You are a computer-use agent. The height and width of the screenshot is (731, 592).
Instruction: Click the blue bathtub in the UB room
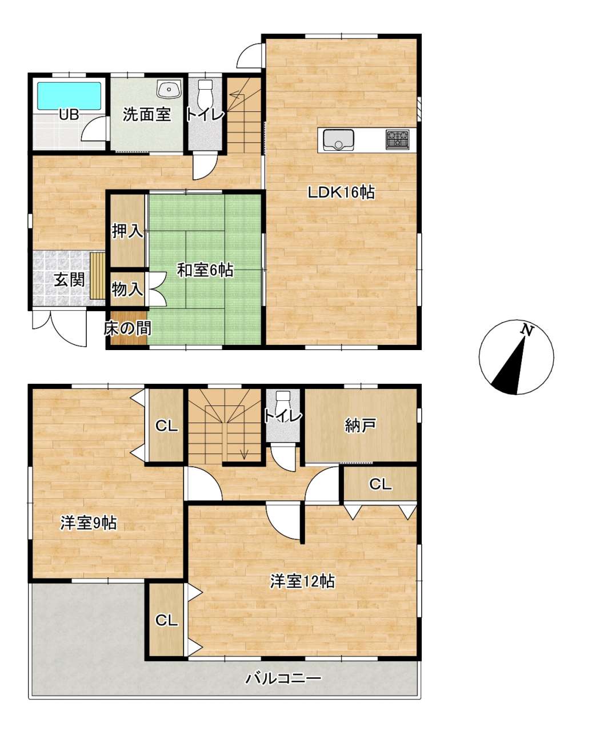tap(69, 96)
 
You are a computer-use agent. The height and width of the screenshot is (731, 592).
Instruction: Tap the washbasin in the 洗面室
tap(169, 89)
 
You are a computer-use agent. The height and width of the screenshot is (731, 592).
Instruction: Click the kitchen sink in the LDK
tap(338, 140)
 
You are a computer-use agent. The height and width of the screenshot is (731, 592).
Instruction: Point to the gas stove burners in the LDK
tap(397, 140)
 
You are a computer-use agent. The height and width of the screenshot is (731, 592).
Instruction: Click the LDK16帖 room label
tap(341, 192)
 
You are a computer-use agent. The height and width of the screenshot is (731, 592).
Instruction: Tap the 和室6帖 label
tap(205, 270)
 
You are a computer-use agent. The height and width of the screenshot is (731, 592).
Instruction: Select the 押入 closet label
tap(127, 231)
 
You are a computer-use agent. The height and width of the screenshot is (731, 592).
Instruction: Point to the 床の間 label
tap(127, 328)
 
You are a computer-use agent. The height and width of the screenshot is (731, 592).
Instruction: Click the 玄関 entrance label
tap(70, 280)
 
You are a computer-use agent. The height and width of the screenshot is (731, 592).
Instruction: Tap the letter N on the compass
tap(527, 330)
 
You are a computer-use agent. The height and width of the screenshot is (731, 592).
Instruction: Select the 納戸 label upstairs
tap(360, 425)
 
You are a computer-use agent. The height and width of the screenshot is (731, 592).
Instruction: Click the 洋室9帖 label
tap(89, 523)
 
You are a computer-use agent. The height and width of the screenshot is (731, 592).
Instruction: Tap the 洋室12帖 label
tap(302, 581)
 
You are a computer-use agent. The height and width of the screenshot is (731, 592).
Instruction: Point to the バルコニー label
tap(283, 678)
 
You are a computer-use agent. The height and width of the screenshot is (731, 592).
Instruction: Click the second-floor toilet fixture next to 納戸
tap(283, 400)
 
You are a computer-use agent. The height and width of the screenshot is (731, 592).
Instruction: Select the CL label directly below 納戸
tap(380, 484)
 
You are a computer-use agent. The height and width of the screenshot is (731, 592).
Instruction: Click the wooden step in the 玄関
tap(97, 276)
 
